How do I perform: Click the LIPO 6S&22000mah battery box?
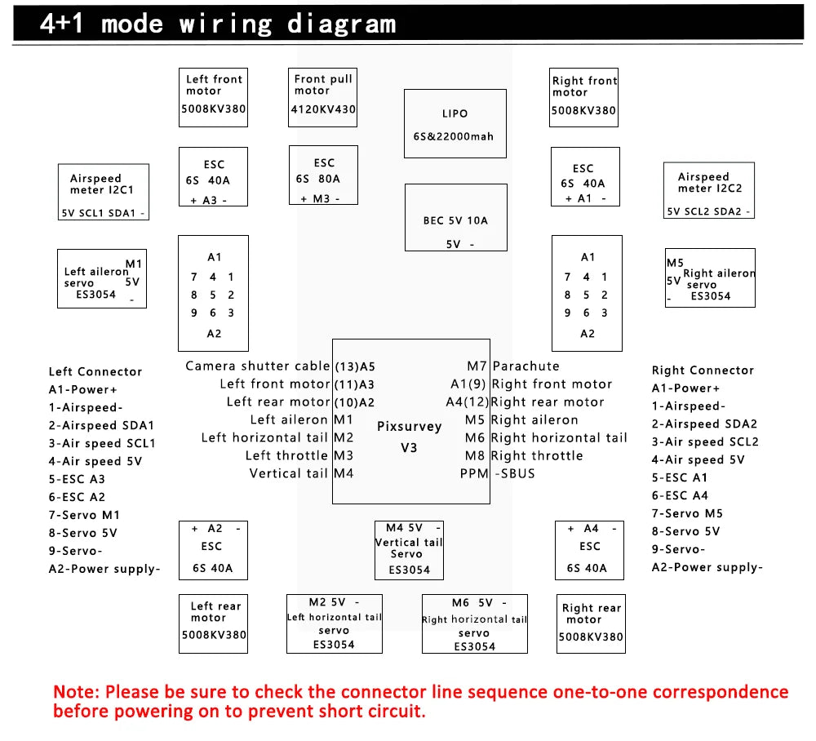[x=455, y=123]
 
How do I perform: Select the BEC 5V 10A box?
[x=455, y=217]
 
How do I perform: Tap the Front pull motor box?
[x=323, y=96]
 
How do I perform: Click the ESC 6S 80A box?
[x=323, y=175]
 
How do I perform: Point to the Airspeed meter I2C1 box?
[x=104, y=192]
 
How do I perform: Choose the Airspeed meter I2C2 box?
[x=709, y=190]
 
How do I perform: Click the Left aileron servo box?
[x=101, y=278]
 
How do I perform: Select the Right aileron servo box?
[x=710, y=277]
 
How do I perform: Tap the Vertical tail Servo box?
[x=409, y=549]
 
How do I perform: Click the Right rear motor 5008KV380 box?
[x=591, y=623]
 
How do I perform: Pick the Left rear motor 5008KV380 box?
[x=214, y=622]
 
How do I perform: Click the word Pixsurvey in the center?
[x=409, y=426]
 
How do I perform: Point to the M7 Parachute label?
[x=513, y=366]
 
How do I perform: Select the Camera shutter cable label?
[x=258, y=366]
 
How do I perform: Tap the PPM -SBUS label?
[x=498, y=473]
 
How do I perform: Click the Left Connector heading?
[x=95, y=372]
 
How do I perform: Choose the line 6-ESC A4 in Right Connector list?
[x=680, y=495]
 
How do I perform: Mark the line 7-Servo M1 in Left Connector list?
[x=83, y=515]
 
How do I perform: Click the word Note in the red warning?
[x=76, y=692]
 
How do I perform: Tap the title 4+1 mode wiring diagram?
[x=218, y=24]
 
